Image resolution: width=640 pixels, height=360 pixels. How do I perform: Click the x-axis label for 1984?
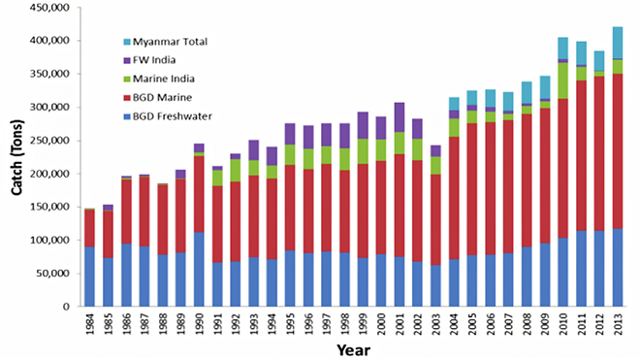coord(89,323)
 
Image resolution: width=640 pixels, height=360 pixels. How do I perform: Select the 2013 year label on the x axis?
coord(617,323)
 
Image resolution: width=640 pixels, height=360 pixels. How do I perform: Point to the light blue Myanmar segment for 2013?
coord(617,42)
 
